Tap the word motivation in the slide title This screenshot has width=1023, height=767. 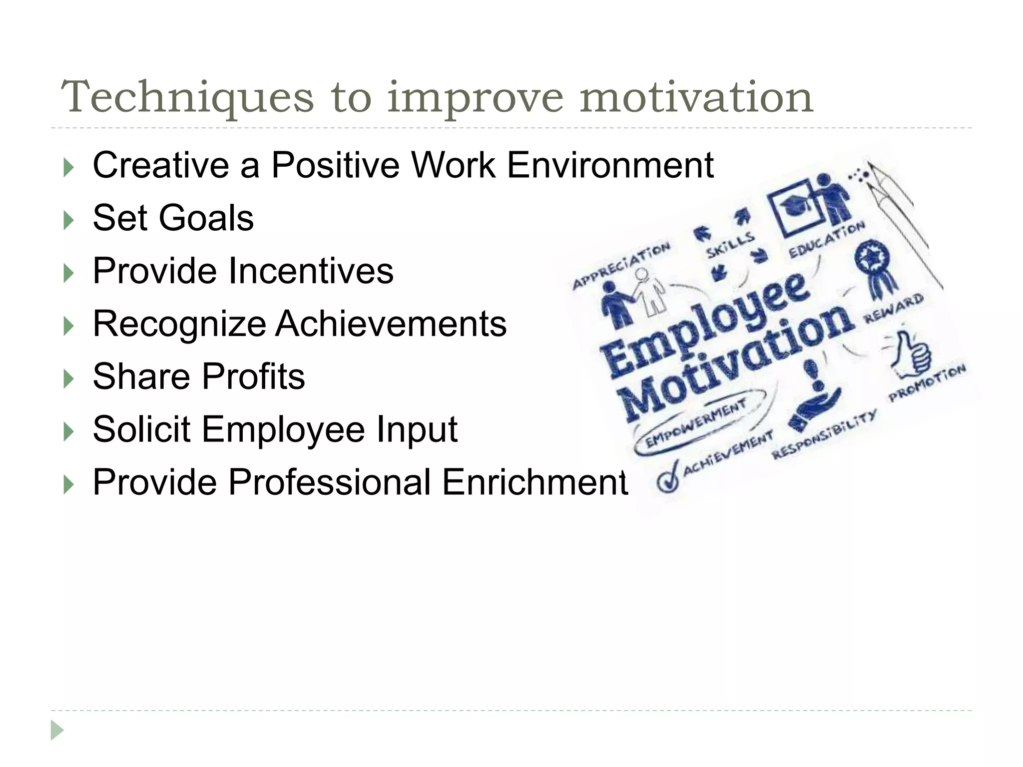[x=696, y=97]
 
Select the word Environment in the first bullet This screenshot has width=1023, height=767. [x=610, y=165]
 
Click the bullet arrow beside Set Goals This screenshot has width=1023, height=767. [x=69, y=220]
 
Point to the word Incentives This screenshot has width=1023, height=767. [x=311, y=271]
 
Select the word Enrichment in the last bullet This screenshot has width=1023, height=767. [x=533, y=482]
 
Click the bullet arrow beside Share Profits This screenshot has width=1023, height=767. [x=69, y=379]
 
